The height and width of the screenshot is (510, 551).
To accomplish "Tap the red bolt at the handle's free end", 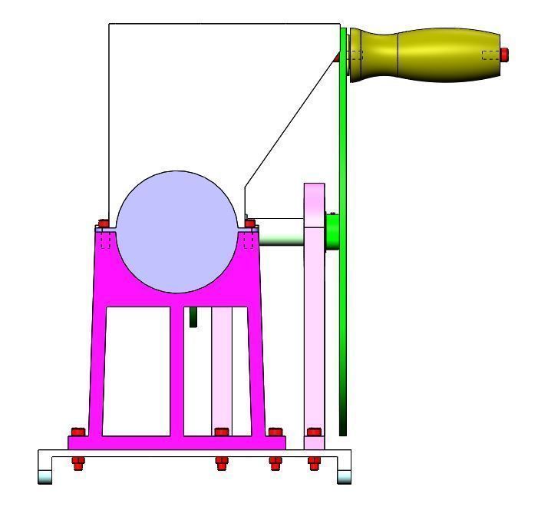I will [x=505, y=54].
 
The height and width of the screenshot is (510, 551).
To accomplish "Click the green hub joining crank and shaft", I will [x=332, y=231].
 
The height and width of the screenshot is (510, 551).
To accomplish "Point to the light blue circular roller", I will [x=177, y=231].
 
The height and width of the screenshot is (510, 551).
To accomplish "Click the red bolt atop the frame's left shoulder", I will [x=104, y=224].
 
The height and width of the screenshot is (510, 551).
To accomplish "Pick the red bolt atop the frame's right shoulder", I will [x=249, y=224].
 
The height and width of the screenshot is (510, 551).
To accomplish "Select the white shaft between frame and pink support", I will [x=281, y=231].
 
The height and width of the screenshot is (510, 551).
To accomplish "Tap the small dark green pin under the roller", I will [x=193, y=316].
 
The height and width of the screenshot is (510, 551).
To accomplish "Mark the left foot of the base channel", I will [x=45, y=472].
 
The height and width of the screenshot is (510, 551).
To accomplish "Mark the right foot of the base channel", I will [x=345, y=472].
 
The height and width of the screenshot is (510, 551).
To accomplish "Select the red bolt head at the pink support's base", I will [x=313, y=432].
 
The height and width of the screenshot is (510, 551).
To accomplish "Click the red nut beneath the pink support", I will [x=314, y=462].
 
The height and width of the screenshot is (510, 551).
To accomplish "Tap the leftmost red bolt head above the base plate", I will [x=76, y=432].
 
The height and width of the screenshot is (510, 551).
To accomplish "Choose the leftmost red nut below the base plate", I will [x=78, y=462].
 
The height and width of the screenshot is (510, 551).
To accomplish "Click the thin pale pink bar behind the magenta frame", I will [x=222, y=369].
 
